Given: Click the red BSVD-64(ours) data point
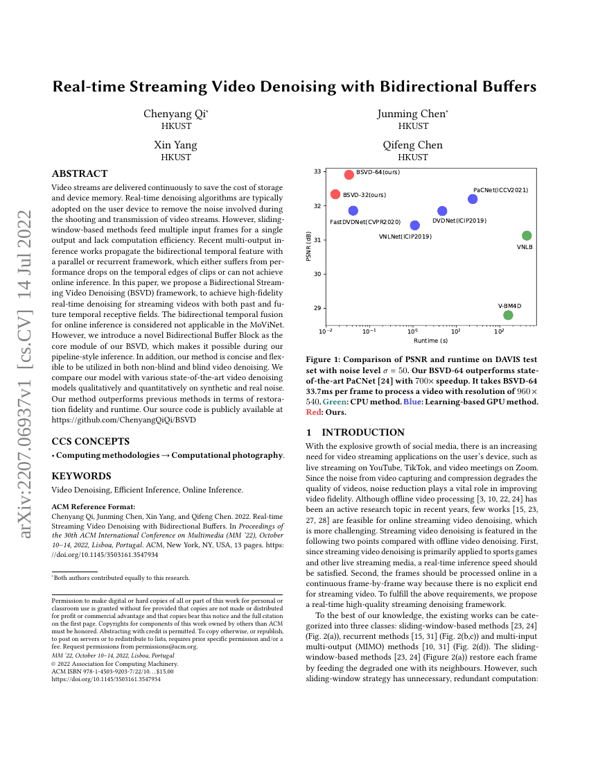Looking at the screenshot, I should click(x=349, y=175).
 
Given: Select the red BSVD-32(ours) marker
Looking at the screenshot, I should click(x=335, y=194).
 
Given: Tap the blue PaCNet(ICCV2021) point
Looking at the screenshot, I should click(x=473, y=199).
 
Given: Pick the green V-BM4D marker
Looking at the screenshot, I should click(x=508, y=315).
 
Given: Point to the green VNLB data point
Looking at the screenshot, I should click(x=527, y=236).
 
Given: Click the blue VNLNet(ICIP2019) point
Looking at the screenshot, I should click(x=414, y=225).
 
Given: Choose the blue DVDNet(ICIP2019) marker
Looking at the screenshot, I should click(x=442, y=211).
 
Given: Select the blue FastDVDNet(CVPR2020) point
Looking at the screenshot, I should click(x=353, y=211).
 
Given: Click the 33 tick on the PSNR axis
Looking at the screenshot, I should click(x=317, y=171).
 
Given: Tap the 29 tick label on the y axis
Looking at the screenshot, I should click(x=317, y=308).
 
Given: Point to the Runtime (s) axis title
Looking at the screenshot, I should click(x=430, y=341).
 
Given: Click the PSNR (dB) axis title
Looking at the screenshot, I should click(x=308, y=246).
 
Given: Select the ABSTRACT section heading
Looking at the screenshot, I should click(x=80, y=174).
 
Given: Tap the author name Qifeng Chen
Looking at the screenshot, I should click(x=413, y=146).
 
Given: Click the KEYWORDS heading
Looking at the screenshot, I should click(x=81, y=476).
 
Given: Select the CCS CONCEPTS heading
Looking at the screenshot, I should click(x=91, y=441).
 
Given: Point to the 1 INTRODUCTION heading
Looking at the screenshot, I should click(x=355, y=433).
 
